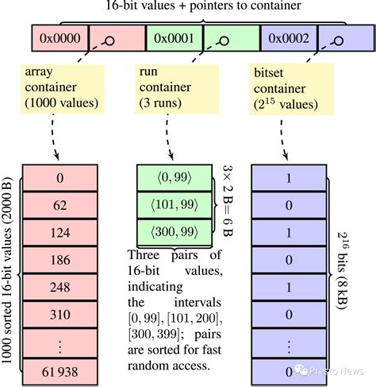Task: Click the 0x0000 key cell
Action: coord(59,37)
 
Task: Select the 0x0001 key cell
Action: coord(174,37)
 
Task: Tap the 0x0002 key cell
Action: coord(289,37)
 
